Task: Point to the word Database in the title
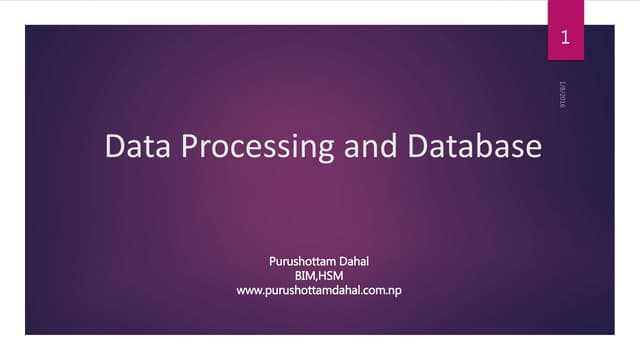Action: point(474,147)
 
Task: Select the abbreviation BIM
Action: point(306,276)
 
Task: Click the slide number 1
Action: point(566,40)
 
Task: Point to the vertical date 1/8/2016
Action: point(562,95)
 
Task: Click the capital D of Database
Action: point(417,147)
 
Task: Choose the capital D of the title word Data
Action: point(114,147)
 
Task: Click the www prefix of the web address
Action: point(249,291)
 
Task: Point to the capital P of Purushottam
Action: point(273,262)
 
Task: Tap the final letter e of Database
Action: point(533,148)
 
